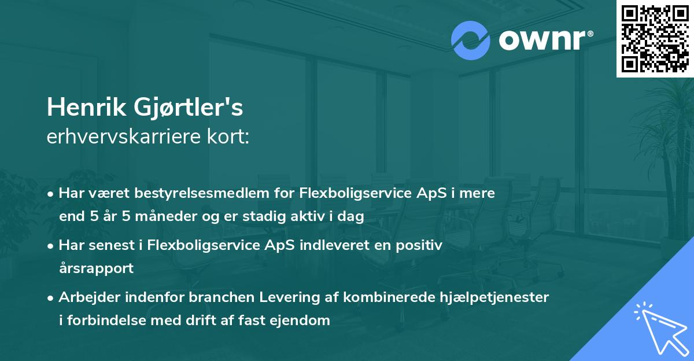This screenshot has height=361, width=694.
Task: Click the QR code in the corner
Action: [655, 39]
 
